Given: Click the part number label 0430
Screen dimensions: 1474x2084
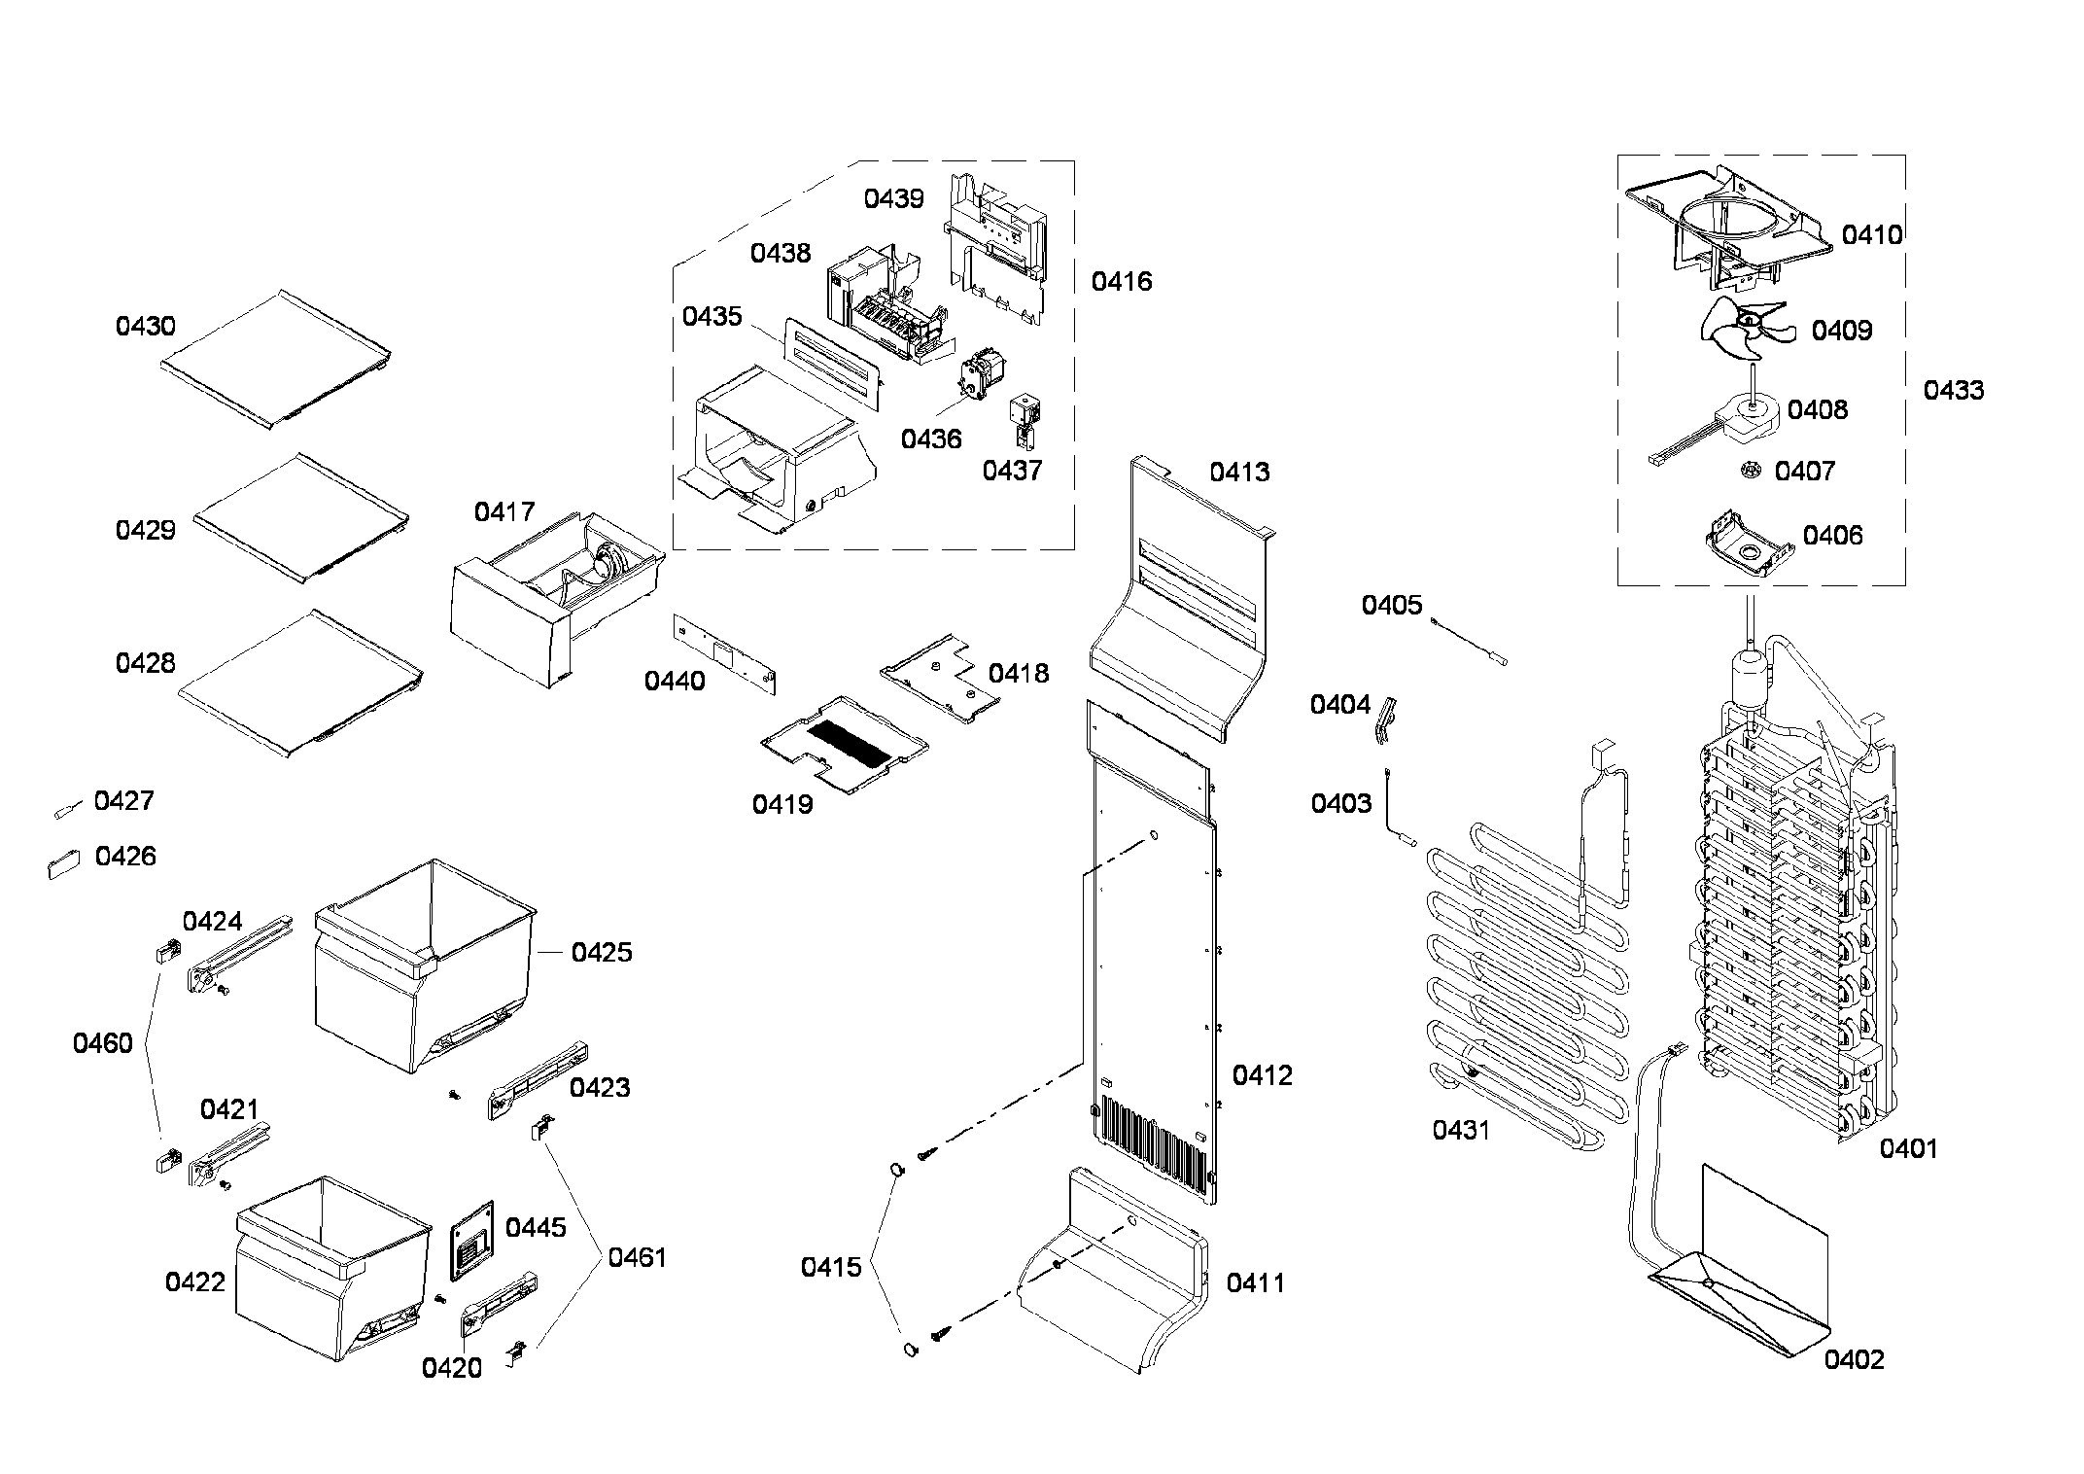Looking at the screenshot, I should point(146,327).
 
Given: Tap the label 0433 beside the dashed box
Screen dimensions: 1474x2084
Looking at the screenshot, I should point(1954,391).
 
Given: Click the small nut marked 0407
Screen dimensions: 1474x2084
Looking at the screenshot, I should point(1751,471).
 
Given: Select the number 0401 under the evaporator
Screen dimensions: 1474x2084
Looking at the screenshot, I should point(1908,1149).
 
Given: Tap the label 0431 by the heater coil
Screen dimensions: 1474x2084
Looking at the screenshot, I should point(1461,1130).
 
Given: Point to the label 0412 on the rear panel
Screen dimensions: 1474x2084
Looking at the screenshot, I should point(1263,1075).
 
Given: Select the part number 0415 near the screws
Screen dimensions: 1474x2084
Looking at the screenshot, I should point(831,1268).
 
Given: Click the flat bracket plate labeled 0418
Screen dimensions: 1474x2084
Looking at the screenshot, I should point(939,679).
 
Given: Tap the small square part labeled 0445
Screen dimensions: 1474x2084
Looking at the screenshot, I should point(471,1240).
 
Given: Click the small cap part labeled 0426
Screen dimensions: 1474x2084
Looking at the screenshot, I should point(64,863).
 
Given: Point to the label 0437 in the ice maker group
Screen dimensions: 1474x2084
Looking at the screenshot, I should point(1012,472).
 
